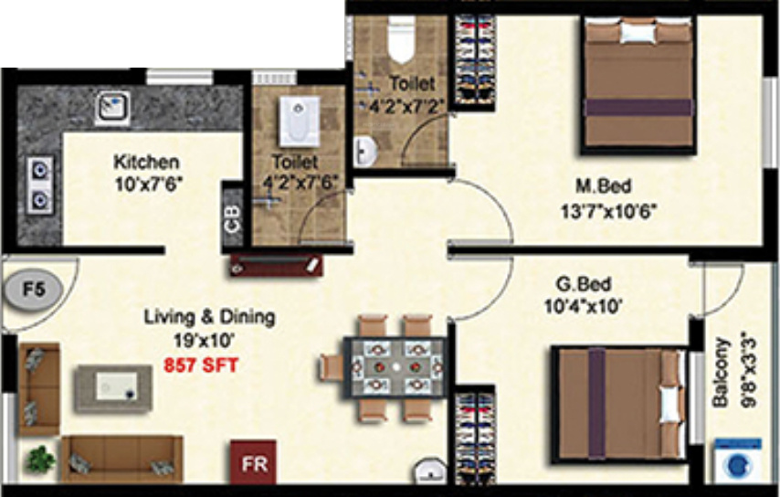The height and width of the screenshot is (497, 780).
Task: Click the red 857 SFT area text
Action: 201,365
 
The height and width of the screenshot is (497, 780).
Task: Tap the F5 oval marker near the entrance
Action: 34,290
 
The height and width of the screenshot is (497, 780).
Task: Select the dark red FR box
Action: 253,462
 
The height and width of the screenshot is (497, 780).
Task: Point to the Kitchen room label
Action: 146,162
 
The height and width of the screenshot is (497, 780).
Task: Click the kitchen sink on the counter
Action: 113,107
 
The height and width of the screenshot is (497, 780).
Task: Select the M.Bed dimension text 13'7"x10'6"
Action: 609,211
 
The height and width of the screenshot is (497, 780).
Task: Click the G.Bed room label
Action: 583,284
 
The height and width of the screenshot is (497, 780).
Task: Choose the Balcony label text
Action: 722,373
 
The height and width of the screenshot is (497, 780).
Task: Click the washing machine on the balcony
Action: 739,461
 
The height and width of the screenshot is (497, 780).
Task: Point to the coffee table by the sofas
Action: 114,387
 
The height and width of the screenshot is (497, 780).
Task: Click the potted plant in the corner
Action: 40,460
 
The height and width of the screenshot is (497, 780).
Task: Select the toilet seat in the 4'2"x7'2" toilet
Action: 401,39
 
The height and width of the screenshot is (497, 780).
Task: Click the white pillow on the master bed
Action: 638,33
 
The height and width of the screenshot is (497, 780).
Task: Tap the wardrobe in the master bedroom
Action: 476,62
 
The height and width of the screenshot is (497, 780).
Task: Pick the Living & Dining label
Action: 209,317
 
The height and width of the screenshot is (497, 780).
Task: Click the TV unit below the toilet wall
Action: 276,266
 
